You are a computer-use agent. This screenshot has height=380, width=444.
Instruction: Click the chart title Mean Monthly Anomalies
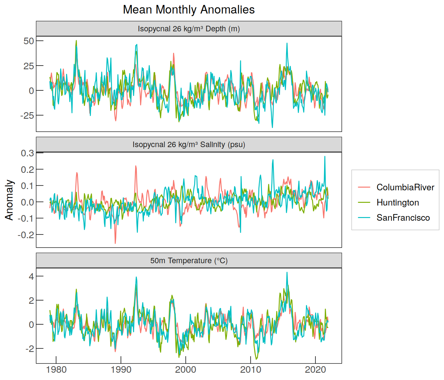click(189, 10)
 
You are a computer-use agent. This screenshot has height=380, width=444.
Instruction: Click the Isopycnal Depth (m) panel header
click(189, 28)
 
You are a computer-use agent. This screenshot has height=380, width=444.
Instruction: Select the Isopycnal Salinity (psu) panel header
click(189, 144)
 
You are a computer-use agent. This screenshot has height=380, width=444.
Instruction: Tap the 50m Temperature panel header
click(189, 261)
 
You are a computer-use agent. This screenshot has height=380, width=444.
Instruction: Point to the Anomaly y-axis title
click(9, 200)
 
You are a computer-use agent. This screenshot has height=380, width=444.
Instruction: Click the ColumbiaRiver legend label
click(405, 187)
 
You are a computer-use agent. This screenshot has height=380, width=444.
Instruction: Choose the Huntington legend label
click(398, 203)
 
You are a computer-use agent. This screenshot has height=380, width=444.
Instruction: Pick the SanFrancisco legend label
click(403, 218)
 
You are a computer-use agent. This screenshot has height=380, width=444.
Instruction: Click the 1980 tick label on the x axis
click(56, 370)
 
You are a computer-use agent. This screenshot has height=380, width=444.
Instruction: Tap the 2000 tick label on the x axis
click(186, 370)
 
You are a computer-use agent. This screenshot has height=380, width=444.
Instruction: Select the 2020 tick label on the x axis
click(315, 370)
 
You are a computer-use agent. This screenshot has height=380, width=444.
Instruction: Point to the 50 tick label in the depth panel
click(29, 41)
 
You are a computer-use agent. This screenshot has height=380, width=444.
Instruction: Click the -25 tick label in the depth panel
click(27, 115)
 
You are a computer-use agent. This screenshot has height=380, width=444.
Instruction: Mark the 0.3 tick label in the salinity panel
click(27, 153)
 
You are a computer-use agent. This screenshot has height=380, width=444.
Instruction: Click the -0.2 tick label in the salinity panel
click(26, 235)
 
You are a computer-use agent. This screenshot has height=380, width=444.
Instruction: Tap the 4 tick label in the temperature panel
click(31, 276)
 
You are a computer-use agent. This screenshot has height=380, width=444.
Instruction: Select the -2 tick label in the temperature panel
click(30, 349)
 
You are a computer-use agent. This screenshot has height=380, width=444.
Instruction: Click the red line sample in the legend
click(364, 187)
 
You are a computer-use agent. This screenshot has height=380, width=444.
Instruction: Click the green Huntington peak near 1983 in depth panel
click(76, 41)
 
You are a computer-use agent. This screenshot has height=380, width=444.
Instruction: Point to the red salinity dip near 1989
click(115, 243)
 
